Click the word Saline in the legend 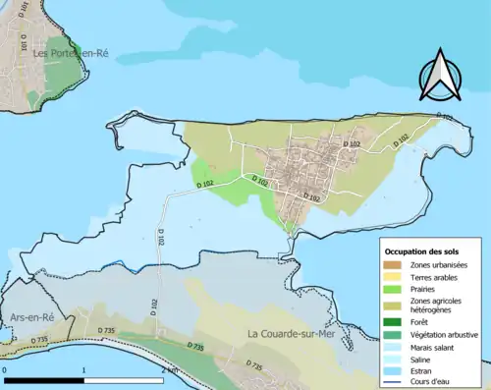point(423,359)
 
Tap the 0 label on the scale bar point(6,370)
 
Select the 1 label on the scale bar point(84,370)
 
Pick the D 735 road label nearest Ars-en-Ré point(39,340)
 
